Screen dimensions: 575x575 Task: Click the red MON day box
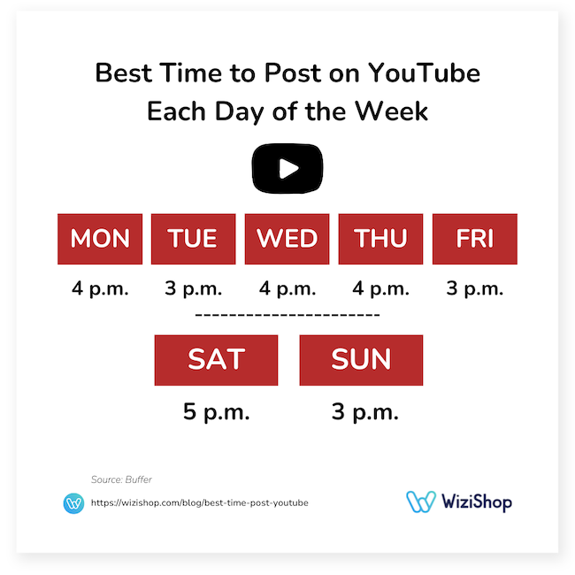100,239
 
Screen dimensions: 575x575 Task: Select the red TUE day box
193,239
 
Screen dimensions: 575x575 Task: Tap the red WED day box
287,239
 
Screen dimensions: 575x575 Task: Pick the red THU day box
380,239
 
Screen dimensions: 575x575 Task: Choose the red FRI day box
474,239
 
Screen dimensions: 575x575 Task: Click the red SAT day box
216,360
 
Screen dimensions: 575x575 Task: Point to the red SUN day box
361,360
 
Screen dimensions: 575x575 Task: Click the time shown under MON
100,289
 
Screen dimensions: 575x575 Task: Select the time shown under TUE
193,289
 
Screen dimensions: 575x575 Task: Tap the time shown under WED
287,289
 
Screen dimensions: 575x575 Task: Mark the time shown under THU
380,289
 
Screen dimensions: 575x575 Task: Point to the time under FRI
474,289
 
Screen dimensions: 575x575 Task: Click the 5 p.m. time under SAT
216,411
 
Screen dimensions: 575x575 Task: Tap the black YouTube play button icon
287,169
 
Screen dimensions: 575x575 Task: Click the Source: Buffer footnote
121,479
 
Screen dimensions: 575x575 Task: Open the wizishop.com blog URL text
200,503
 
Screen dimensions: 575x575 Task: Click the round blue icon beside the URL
74,503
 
